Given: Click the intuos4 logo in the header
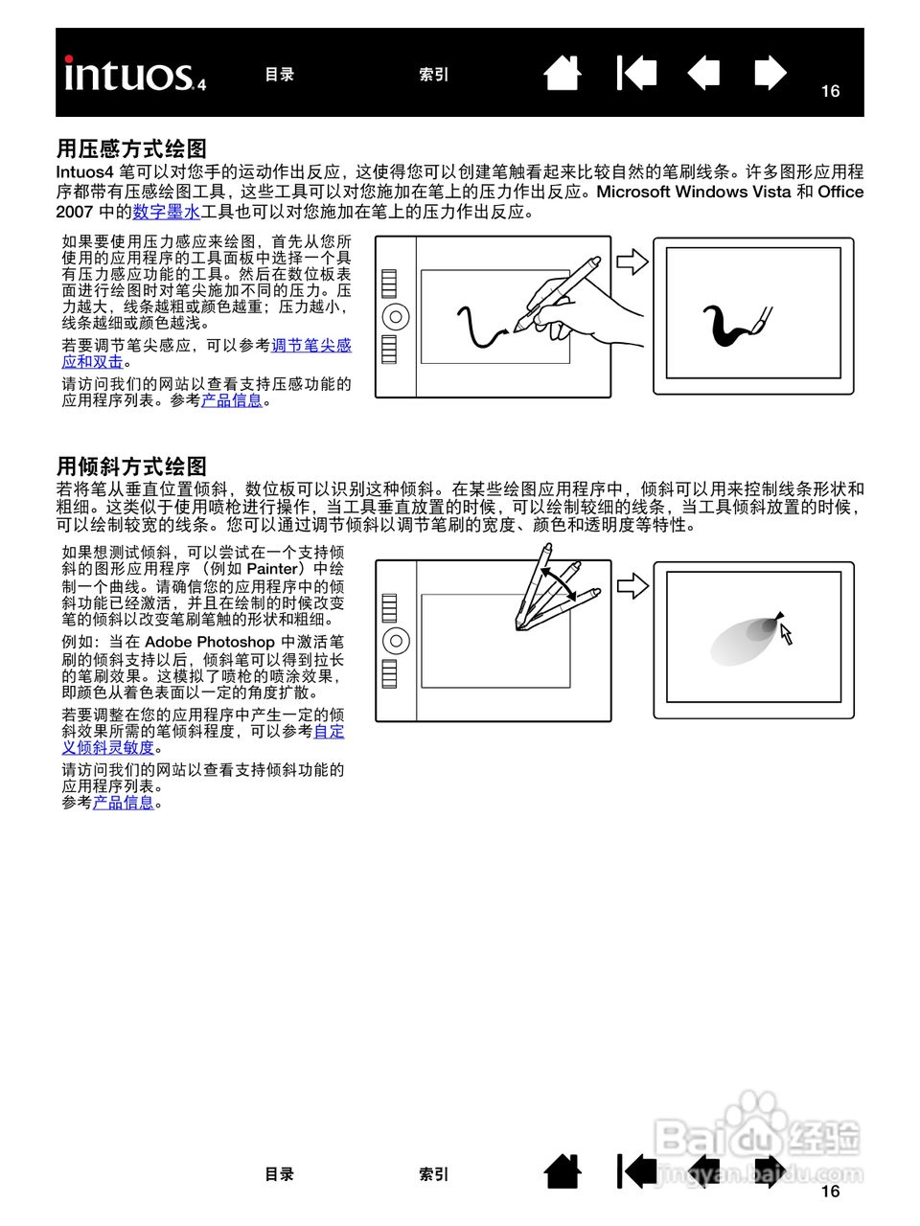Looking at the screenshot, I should pyautogui.click(x=134, y=74).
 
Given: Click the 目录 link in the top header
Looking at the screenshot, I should pyautogui.click(x=279, y=74).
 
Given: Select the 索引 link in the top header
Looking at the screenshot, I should pyautogui.click(x=433, y=74).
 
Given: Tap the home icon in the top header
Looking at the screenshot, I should pyautogui.click(x=563, y=73).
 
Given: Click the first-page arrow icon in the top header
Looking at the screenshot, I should pyautogui.click(x=636, y=73).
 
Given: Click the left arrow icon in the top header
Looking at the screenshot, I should pyautogui.click(x=704, y=73).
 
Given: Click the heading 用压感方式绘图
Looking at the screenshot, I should pyautogui.click(x=131, y=148).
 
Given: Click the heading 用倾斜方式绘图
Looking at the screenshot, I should pyautogui.click(x=131, y=466).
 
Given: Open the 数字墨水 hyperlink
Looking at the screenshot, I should pyautogui.click(x=166, y=212).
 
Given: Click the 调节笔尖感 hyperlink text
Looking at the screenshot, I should pyautogui.click(x=310, y=345).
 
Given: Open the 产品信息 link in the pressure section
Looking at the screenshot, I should pyautogui.click(x=231, y=400).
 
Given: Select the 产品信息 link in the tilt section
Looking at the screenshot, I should pyautogui.click(x=123, y=803).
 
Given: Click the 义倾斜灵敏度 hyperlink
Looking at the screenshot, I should pyautogui.click(x=107, y=747).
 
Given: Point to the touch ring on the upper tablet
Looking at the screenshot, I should pyautogui.click(x=395, y=315).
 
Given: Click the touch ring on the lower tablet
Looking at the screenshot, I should pyautogui.click(x=395, y=640).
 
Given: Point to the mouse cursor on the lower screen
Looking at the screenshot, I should pyautogui.click(x=786, y=633).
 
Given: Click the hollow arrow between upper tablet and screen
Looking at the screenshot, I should pyautogui.click(x=632, y=261).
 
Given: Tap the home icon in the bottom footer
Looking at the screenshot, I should pyautogui.click(x=563, y=1171).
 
